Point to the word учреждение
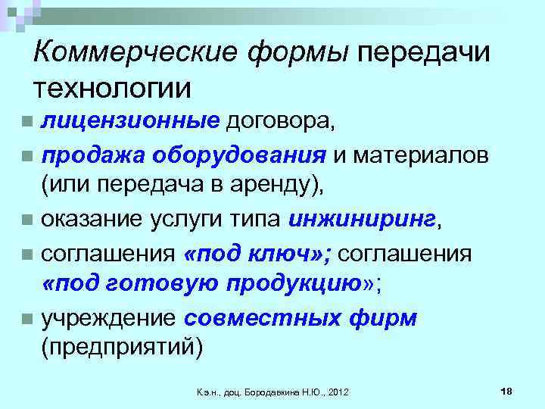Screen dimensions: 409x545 coord(108,318)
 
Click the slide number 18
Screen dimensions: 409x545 coord(506,389)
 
